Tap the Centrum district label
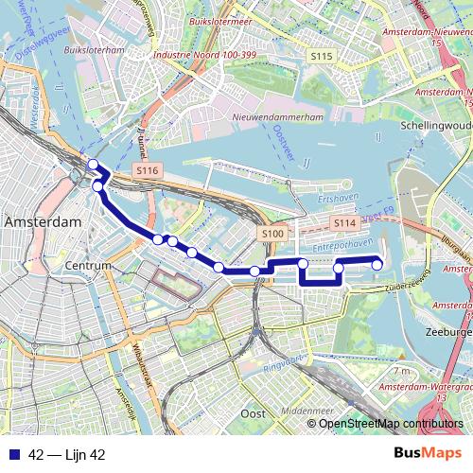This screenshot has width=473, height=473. click(x=90, y=267)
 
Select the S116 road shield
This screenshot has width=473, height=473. click(x=147, y=169)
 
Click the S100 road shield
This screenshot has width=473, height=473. click(x=272, y=233)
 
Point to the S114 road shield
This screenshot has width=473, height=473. click(x=343, y=222)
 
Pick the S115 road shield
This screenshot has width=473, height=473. click(x=322, y=58)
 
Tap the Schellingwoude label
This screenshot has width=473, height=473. click(x=436, y=125)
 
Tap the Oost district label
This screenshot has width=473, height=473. click(x=253, y=413)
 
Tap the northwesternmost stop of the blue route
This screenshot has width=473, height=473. click(x=93, y=166)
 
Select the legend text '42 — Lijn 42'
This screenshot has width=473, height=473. click(x=66, y=455)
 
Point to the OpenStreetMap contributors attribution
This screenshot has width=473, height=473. click(x=390, y=423)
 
